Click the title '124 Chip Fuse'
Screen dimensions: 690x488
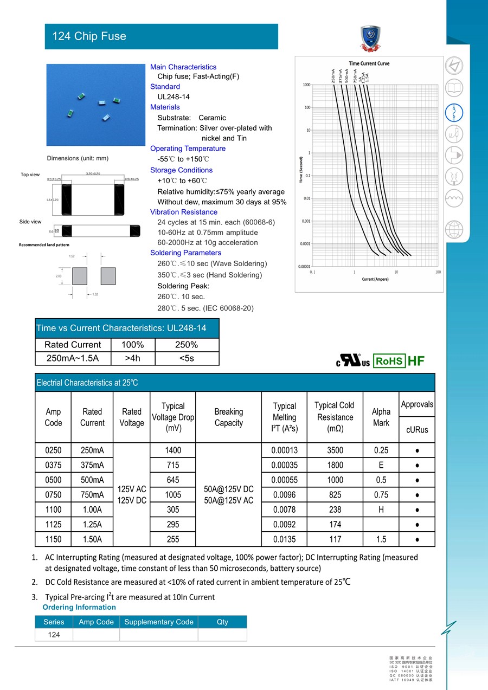point(89,36)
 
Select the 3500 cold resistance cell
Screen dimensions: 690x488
point(335,450)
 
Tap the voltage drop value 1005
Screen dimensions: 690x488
point(173,495)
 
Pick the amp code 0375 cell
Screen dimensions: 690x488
point(53,465)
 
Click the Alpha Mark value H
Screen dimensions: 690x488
point(381,510)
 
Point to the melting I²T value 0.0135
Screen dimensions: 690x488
point(284,539)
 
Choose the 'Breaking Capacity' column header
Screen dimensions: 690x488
point(228,417)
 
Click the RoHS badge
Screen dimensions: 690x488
point(389,362)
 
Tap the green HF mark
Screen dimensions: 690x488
point(416,362)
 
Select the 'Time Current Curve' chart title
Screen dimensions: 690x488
point(369,63)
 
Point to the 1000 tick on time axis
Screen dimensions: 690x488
point(306,85)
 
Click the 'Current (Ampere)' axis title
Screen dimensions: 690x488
point(375,279)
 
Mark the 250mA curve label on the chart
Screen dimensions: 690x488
point(333,76)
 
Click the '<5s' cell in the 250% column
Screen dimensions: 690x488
point(187,358)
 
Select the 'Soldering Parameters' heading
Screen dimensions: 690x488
point(185,253)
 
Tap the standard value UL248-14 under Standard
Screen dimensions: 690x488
point(174,97)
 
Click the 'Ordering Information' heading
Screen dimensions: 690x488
point(79,607)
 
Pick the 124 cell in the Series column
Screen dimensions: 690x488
point(54,635)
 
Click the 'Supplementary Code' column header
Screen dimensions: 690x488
point(158,622)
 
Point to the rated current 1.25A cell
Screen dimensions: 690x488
point(92,525)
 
